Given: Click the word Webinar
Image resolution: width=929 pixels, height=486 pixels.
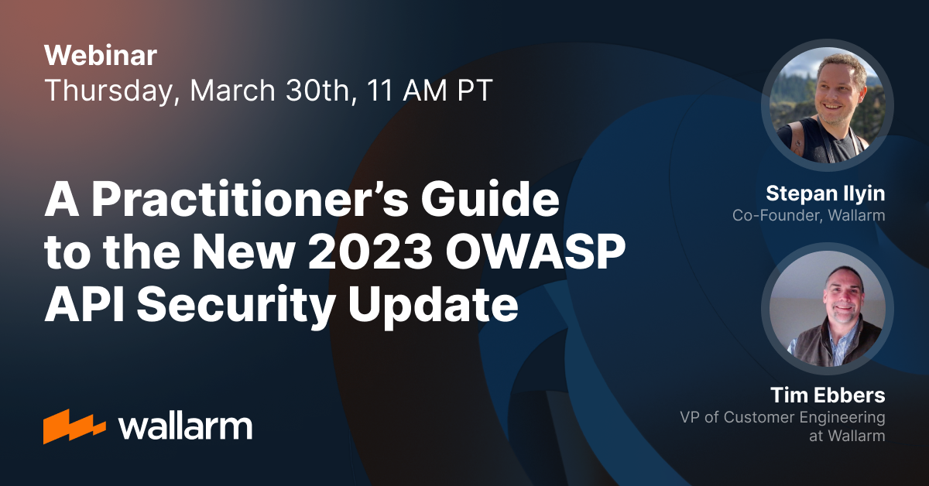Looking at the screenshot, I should pos(101,56).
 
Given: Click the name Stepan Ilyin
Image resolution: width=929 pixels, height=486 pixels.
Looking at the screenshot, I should pos(825,194).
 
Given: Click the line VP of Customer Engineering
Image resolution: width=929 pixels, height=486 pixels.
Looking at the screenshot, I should pos(782,418).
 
